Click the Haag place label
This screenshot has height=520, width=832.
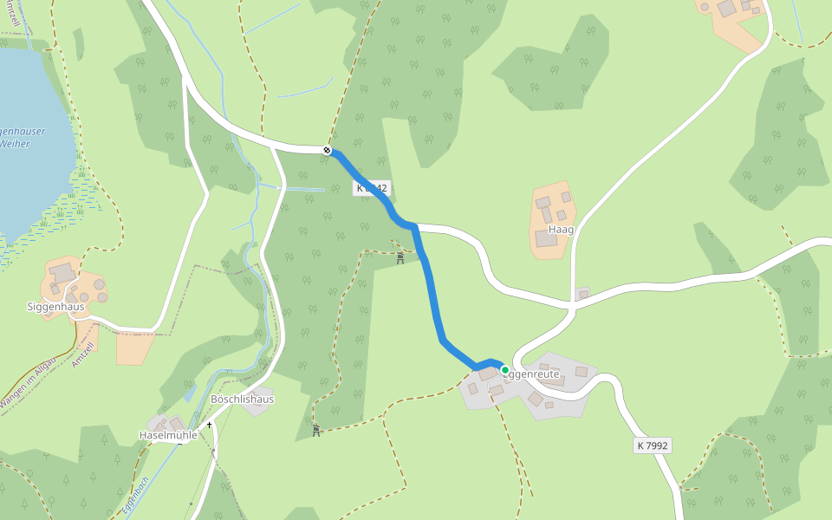click(561, 230)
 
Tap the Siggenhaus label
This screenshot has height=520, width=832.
click(55, 306)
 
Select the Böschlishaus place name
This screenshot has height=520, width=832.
click(242, 399)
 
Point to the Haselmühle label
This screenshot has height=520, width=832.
click(168, 435)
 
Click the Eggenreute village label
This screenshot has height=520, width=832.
click(532, 374)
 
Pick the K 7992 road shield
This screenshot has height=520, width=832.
click(653, 445)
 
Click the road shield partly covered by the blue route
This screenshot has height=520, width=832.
click(371, 187)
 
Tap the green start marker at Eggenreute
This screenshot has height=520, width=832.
click(505, 370)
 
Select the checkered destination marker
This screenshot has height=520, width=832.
click(328, 151)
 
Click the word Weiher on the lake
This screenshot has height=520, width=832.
click(16, 144)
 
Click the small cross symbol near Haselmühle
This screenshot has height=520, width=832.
click(209, 425)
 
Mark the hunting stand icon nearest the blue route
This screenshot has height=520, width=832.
click(400, 257)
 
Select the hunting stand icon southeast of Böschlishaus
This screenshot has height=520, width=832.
click(316, 430)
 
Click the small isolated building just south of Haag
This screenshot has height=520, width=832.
click(582, 294)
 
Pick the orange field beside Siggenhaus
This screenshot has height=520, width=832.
click(134, 347)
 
